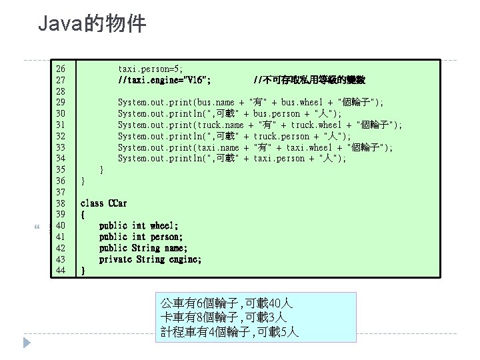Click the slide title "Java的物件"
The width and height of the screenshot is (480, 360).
[91, 25]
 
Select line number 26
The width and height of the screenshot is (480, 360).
[61, 68]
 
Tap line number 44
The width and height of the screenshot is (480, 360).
[61, 270]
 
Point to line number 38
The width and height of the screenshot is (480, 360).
[61, 203]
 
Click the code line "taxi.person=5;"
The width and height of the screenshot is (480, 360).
[151, 68]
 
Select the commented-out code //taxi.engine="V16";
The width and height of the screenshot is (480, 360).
[165, 79]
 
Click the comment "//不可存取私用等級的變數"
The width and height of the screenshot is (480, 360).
[309, 79]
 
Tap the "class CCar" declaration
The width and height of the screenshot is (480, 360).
[104, 203]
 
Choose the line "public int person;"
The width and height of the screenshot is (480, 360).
[141, 237]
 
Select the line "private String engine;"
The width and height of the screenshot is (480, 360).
[150, 259]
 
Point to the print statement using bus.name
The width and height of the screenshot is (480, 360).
[250, 102]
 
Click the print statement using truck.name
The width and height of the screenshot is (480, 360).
[259, 125]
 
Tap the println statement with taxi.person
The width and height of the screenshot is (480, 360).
[232, 158]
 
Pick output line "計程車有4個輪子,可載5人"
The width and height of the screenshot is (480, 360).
[230, 331]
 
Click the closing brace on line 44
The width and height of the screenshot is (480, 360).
[83, 270]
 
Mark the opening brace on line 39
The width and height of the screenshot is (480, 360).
[83, 214]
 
